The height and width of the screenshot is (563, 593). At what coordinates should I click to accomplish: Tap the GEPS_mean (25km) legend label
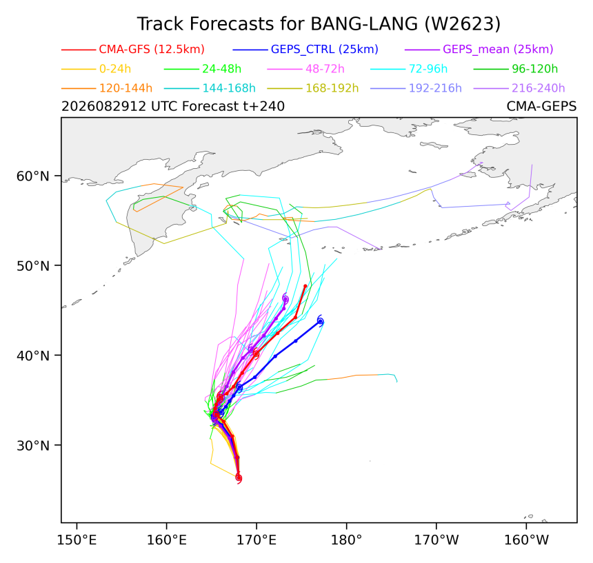498,49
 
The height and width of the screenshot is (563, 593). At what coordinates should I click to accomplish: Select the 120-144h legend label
125,88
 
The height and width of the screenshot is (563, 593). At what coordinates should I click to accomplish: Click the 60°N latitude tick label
33,176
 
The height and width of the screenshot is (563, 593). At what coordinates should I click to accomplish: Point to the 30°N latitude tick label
33,445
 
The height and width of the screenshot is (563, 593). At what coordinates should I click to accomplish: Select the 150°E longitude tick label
77,540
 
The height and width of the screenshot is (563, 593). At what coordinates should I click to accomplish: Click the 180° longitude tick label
346,540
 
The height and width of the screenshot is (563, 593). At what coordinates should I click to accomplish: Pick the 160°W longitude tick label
526,540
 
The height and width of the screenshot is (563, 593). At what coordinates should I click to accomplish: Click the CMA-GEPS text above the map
541,107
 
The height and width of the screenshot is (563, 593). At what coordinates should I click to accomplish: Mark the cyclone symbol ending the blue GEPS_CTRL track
321,321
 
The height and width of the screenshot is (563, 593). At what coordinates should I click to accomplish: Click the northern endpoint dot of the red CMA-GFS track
305,286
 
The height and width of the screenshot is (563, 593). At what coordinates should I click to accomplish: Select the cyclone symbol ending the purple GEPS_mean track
285,299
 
